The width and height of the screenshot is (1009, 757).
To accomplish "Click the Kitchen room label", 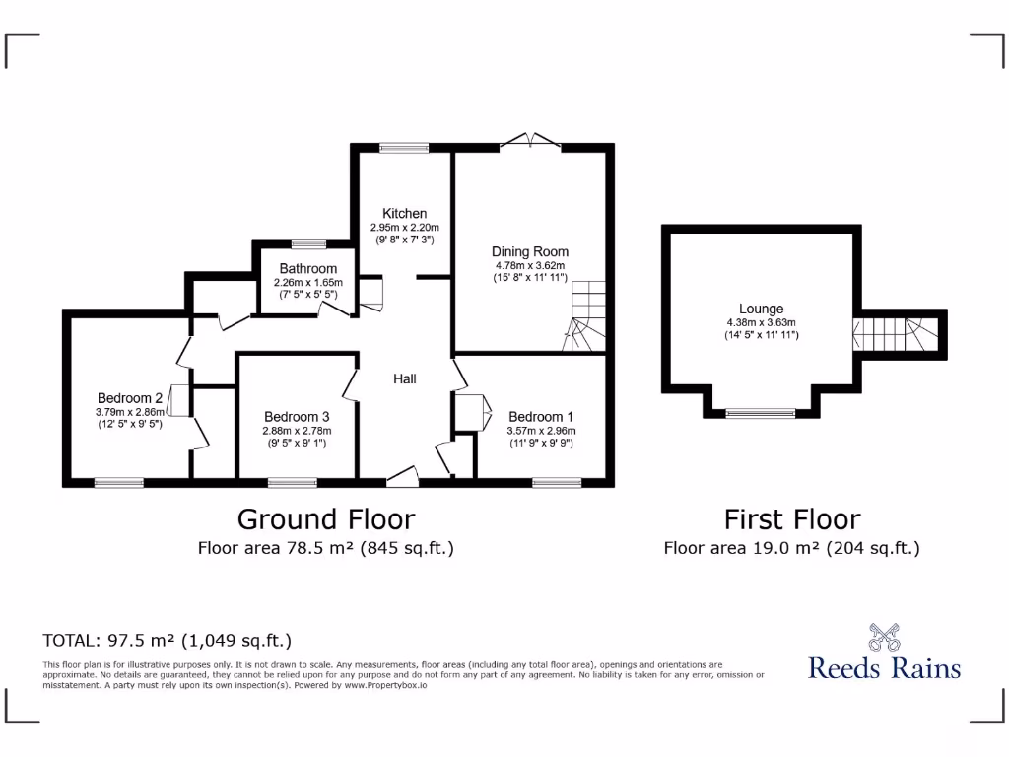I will click(x=405, y=213).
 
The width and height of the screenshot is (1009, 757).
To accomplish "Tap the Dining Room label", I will click(x=530, y=251).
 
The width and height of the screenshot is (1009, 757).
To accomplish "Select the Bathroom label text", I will click(x=307, y=268).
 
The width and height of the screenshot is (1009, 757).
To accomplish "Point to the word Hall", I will click(x=405, y=378).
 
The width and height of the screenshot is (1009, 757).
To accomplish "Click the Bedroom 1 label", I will click(x=540, y=416).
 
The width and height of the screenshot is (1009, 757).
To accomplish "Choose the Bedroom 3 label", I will click(x=297, y=416).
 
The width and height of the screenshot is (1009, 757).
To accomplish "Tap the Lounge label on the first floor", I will click(x=761, y=309).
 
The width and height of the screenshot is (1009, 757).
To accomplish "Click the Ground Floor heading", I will click(x=326, y=518).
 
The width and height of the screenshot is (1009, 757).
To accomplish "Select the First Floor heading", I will click(x=792, y=518).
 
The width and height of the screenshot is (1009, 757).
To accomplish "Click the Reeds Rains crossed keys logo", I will click(x=884, y=636).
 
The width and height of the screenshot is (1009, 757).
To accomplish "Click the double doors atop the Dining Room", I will click(x=530, y=142).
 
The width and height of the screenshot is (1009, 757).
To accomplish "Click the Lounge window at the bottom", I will click(x=761, y=413).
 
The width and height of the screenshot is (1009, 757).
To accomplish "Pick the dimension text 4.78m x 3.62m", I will click(x=530, y=265).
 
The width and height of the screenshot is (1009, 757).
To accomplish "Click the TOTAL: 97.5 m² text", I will click(x=167, y=640).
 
